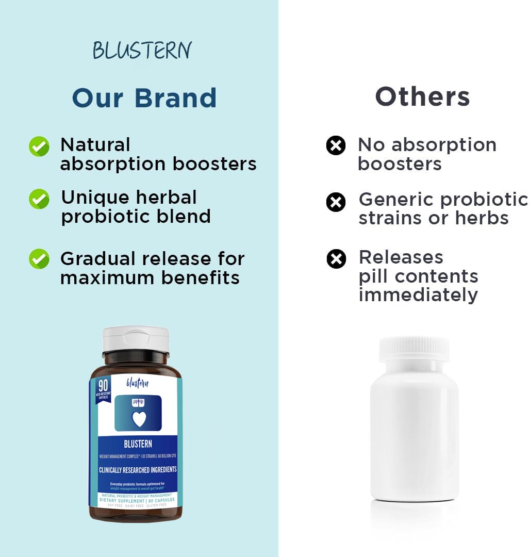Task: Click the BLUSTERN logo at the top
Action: [142, 51]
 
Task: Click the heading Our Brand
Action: [144, 98]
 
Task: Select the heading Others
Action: [422, 96]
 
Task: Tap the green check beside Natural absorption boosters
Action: [39, 146]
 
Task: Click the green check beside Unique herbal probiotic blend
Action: [39, 199]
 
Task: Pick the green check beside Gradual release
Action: [39, 259]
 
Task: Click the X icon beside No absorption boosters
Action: [336, 146]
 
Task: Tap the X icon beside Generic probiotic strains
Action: [336, 202]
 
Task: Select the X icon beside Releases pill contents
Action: [336, 258]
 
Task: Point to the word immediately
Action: [418, 295]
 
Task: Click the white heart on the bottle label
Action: [139, 419]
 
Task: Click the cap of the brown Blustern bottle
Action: [136, 339]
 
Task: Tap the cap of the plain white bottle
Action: [414, 349]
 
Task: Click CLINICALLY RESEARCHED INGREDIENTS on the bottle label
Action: [138, 470]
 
